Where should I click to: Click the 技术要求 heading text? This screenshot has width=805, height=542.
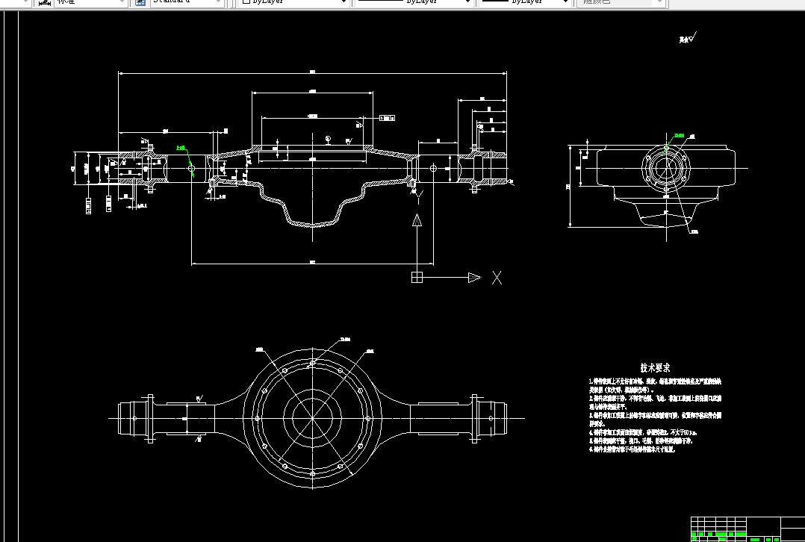pos(655,368)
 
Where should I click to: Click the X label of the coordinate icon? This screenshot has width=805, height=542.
pos(497,278)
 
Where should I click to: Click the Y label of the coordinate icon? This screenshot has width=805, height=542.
pos(419,196)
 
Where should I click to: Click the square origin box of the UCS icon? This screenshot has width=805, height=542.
pos(417,278)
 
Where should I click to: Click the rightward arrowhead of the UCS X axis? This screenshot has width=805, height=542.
pos(474,278)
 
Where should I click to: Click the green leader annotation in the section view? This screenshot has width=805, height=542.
pos(181,149)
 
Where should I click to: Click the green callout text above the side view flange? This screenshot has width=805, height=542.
pos(678,136)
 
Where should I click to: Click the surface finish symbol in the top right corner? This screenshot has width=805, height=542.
pos(688,39)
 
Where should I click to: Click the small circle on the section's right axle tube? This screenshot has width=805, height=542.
pos(433,168)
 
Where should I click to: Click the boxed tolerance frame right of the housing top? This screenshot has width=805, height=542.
pos(388,117)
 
